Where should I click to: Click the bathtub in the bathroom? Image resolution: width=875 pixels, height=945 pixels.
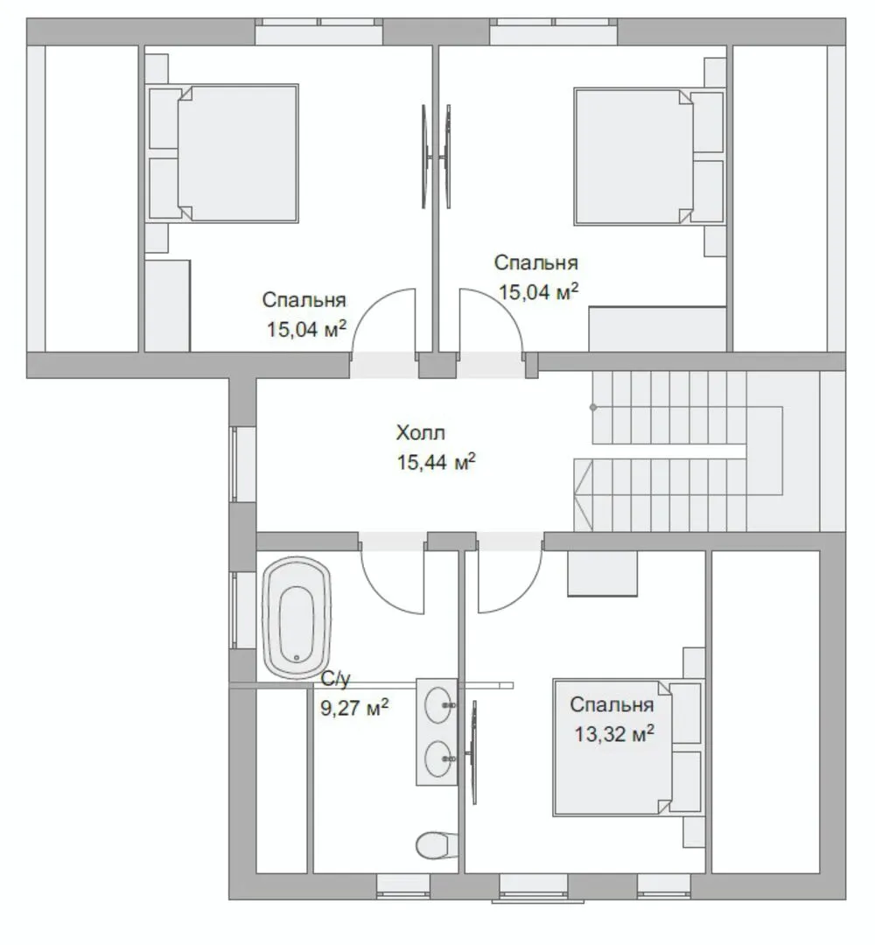(x=297, y=619)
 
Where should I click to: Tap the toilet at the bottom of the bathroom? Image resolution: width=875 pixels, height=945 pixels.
(x=437, y=845)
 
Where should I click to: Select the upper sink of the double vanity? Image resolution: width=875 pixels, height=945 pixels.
(x=440, y=704)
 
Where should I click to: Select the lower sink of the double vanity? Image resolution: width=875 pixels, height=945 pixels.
(x=440, y=759)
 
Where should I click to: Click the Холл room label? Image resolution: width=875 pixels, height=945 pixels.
(x=421, y=433)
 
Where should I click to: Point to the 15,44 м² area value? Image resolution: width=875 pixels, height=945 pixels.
(x=437, y=462)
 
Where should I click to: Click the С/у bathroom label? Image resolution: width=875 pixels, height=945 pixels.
(x=335, y=679)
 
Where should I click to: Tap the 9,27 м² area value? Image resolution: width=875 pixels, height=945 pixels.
(x=354, y=708)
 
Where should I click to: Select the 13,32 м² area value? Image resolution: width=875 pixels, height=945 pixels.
(x=614, y=734)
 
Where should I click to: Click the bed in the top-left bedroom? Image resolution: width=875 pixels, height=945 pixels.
(x=224, y=153)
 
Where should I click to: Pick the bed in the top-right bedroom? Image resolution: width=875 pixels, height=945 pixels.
(x=649, y=157)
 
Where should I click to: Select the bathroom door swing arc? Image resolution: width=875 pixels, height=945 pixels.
(x=381, y=591)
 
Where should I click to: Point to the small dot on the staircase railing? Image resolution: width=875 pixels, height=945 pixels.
(x=593, y=408)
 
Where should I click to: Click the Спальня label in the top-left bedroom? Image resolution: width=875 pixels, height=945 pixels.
(x=304, y=300)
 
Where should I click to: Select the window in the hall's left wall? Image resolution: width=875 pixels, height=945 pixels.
(x=235, y=464)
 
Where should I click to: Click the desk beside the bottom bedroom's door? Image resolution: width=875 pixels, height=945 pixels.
(x=603, y=573)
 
